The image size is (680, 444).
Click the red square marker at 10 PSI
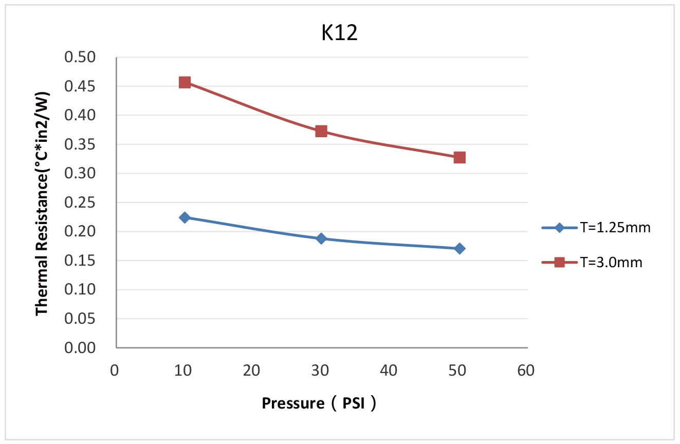click(x=185, y=82)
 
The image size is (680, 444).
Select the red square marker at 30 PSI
click(x=321, y=131)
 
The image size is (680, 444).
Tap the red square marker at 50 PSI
click(x=460, y=157)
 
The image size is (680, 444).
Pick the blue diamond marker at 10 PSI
click(x=185, y=217)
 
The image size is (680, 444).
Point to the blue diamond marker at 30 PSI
click(x=321, y=238)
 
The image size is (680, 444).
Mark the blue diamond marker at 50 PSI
click(x=460, y=249)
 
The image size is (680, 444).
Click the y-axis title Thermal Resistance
click(x=42, y=203)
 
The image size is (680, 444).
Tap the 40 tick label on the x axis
click(x=390, y=370)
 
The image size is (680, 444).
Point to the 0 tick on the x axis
click(x=115, y=370)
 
